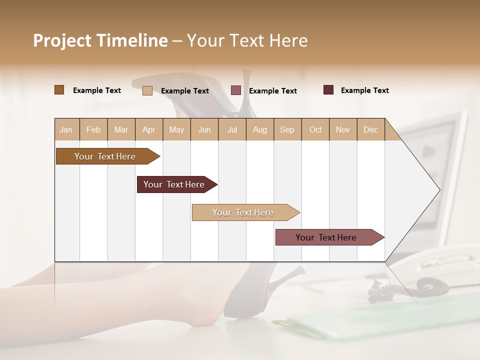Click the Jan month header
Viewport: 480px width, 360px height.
(66, 129)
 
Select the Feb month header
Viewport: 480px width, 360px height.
(93, 129)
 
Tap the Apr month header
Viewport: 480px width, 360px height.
(148, 129)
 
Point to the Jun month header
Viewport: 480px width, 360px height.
(204, 129)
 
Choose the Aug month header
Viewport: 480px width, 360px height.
(259, 129)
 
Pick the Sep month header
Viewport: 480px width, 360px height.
(287, 129)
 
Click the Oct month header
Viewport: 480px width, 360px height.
(315, 129)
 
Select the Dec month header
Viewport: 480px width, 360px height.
(370, 129)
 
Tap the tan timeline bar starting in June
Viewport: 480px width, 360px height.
(243, 212)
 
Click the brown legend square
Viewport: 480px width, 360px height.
(59, 90)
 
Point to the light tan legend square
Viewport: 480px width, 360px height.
(147, 90)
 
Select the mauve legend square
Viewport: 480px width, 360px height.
(236, 90)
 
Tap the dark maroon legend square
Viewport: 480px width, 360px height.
(328, 90)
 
